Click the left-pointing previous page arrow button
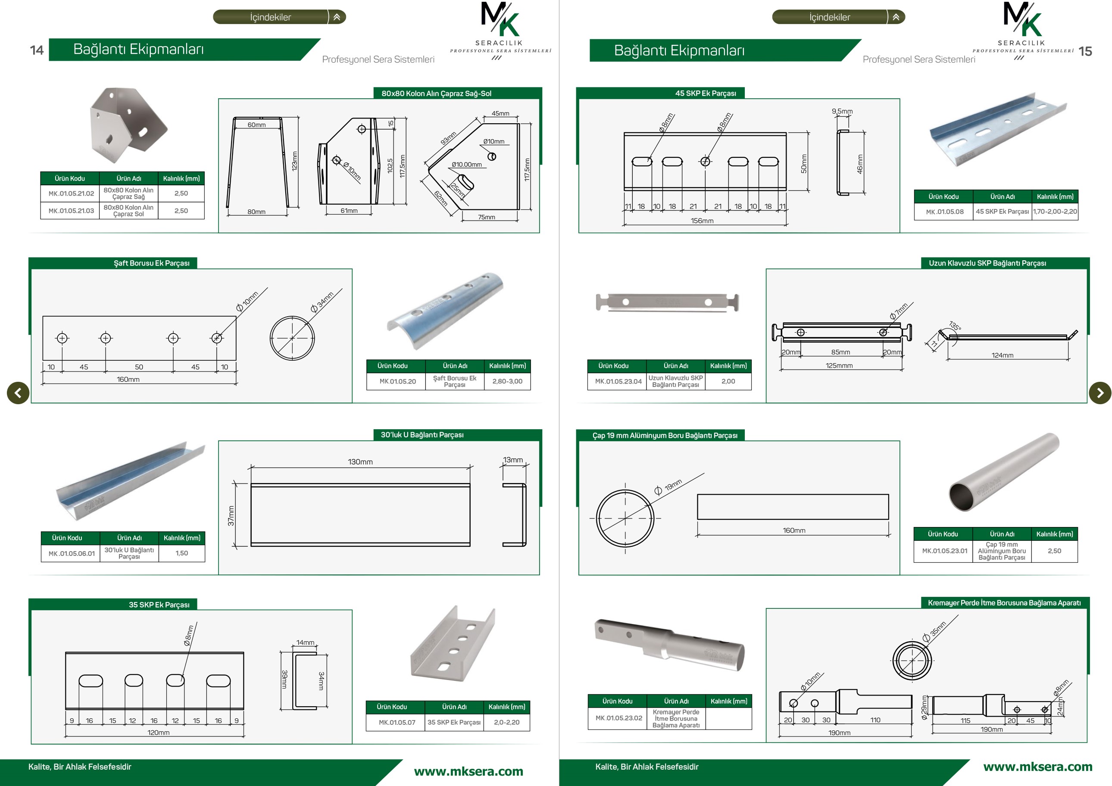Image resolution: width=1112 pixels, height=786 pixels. tap(18, 393)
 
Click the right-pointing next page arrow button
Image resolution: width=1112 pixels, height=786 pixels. tap(1100, 393)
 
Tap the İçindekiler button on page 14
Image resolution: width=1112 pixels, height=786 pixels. tap(279, 17)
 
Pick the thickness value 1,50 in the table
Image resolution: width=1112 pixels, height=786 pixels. tap(181, 553)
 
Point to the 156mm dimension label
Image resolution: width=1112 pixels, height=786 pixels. tap(702, 221)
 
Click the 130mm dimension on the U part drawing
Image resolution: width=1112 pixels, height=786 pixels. tap(360, 462)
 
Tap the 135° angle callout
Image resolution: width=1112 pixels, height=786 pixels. tap(955, 325)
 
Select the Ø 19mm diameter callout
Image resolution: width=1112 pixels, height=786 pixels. tap(668, 486)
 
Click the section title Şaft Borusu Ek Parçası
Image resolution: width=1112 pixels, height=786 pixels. tap(152, 263)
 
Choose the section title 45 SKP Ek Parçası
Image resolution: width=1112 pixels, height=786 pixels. tap(706, 94)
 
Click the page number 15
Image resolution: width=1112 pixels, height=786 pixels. tap(1085, 51)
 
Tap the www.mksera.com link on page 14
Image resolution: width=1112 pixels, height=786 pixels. tap(469, 771)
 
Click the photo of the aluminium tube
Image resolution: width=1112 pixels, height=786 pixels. tap(1004, 472)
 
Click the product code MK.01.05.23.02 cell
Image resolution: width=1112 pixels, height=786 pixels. tap(618, 718)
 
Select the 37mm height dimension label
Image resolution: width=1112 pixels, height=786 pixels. tap(231, 516)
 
